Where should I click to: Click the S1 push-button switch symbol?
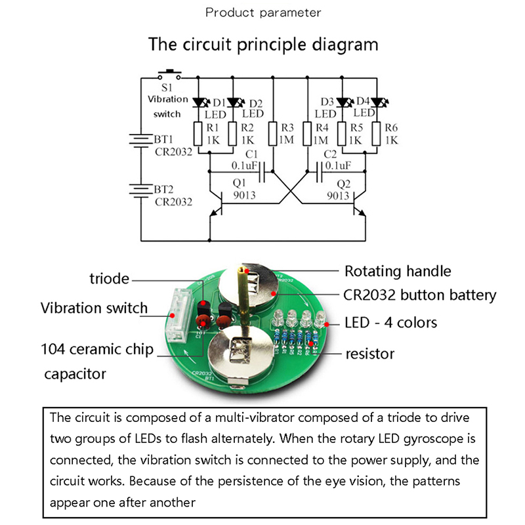[171, 73]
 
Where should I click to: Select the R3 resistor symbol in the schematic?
[273, 134]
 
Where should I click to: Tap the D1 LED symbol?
[201, 102]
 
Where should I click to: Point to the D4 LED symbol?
[377, 102]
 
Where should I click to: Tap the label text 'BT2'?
[164, 189]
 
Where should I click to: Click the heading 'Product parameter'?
[263, 12]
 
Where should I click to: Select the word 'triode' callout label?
[109, 279]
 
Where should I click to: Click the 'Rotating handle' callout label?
[398, 270]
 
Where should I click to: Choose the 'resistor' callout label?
[370, 354]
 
